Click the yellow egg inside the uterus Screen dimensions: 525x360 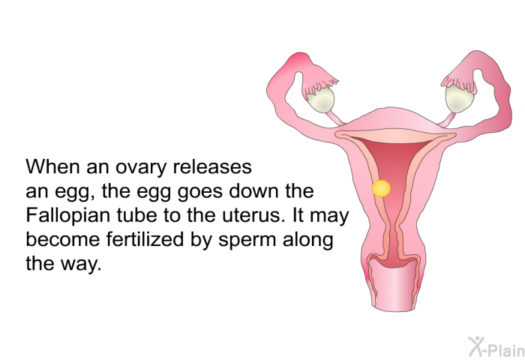point(381,188)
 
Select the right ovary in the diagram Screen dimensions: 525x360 point(459,98)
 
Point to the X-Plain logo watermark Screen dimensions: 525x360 point(496,346)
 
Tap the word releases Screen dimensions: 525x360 point(212,166)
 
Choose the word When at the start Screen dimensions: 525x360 point(53,166)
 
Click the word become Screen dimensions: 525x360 point(62,239)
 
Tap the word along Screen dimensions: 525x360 point(308,241)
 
